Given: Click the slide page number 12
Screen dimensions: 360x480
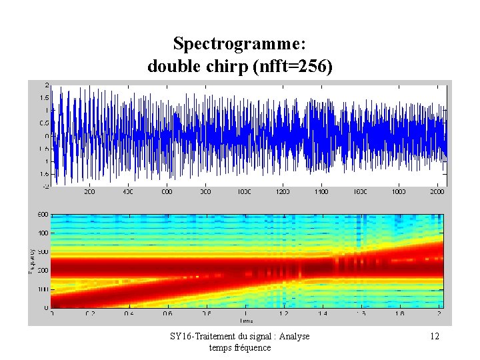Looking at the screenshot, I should click(x=434, y=337).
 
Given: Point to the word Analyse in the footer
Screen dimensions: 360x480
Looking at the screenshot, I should click(x=293, y=337).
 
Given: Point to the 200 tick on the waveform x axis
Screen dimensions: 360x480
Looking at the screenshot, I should click(x=89, y=192).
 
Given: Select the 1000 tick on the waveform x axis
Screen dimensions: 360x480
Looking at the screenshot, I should click(x=244, y=192).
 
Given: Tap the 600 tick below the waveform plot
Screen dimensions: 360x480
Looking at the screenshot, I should click(x=167, y=192).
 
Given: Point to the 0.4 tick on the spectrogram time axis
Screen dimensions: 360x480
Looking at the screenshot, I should click(x=128, y=313).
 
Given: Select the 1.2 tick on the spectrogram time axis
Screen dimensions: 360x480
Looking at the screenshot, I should click(x=284, y=313).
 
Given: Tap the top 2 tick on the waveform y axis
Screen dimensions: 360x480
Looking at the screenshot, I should click(x=46, y=85).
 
